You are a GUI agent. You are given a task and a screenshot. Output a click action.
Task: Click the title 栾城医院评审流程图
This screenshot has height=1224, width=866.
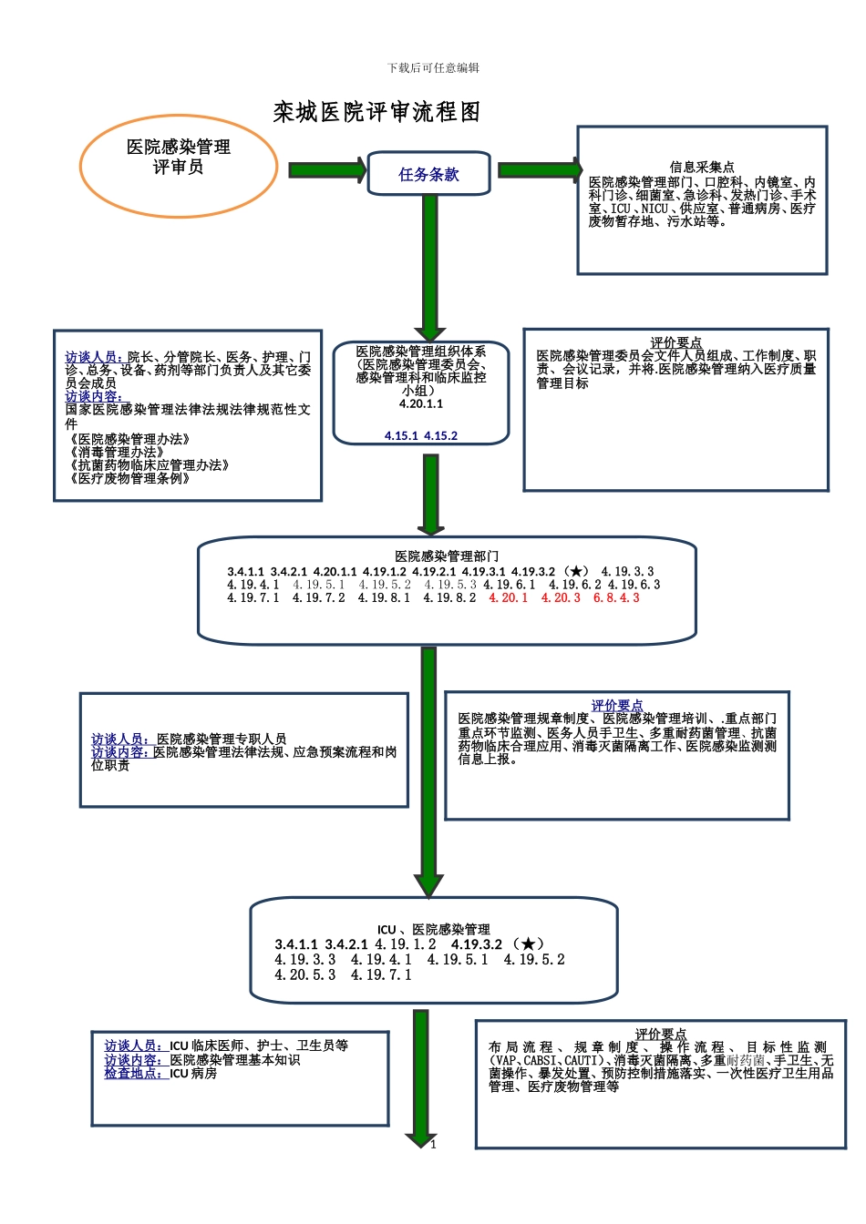click(x=376, y=112)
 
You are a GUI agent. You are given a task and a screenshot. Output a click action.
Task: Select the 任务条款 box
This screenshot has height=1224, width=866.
click(x=428, y=174)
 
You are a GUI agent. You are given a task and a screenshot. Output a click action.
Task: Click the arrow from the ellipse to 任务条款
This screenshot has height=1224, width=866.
click(x=326, y=169)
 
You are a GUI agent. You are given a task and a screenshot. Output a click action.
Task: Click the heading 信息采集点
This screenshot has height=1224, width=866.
click(x=701, y=167)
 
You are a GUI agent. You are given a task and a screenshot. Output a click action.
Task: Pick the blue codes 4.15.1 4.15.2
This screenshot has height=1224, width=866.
click(x=421, y=436)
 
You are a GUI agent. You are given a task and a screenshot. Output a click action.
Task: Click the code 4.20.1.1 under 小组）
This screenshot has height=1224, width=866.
click(x=421, y=403)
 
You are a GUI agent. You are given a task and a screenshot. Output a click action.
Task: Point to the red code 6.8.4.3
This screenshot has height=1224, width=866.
click(x=616, y=598)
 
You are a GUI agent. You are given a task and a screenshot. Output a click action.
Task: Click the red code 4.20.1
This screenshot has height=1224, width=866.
click(x=508, y=598)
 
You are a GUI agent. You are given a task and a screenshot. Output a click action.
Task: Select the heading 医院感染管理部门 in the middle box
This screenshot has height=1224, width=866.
click(x=447, y=556)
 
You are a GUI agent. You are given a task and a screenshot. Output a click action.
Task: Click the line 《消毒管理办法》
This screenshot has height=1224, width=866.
click(x=117, y=452)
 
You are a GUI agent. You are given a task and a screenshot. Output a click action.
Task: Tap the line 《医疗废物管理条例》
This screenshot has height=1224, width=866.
click(x=129, y=478)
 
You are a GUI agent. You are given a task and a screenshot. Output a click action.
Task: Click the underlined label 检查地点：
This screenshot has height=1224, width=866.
click(x=133, y=1073)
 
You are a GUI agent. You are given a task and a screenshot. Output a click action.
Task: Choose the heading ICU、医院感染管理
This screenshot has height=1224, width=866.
click(x=434, y=929)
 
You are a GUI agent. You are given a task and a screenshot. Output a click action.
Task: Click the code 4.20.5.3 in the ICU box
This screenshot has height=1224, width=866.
click(x=304, y=974)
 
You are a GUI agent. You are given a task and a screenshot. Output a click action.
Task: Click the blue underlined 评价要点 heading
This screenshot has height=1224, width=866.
click(x=617, y=705)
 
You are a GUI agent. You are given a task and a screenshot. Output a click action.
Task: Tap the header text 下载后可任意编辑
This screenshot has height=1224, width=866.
click(x=433, y=67)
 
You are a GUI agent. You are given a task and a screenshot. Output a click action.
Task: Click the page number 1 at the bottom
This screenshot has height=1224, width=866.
click(x=434, y=1144)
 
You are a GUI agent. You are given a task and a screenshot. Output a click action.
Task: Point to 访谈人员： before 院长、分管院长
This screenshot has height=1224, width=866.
click(x=92, y=357)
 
